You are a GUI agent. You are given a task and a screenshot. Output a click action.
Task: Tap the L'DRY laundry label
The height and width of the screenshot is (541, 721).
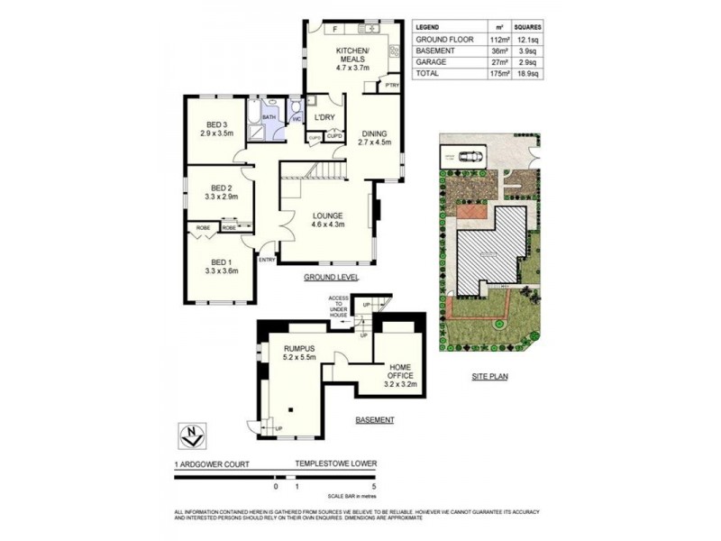pos(324,118)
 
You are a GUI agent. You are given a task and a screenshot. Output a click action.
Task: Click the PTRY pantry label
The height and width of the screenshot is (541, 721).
pos(391,86)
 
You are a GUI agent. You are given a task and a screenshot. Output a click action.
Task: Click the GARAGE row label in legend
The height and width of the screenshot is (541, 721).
pos(432,63)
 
